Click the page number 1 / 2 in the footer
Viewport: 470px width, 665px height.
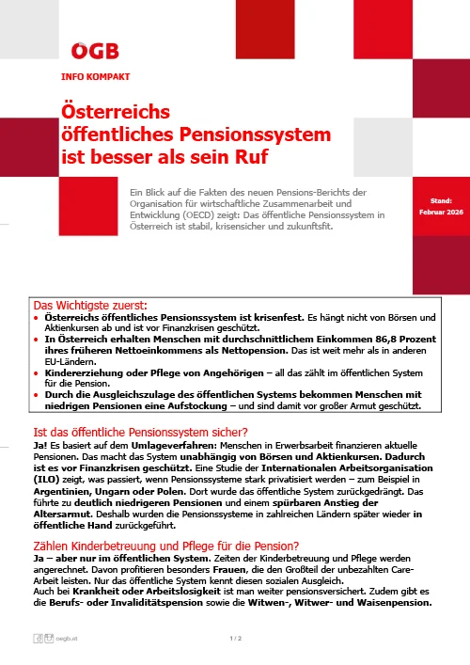tap(235, 640)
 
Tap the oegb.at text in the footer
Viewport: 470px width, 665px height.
tap(67, 640)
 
